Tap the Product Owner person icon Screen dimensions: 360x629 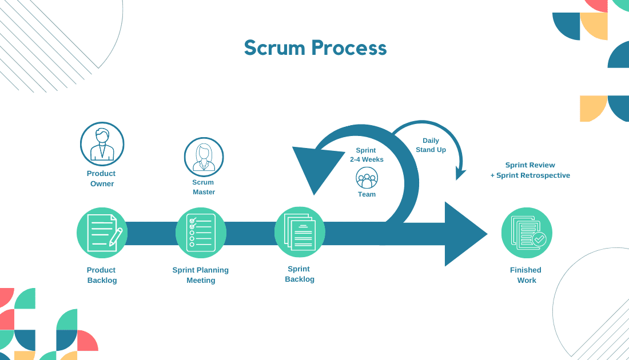point(102,144)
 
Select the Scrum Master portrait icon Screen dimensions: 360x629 point(204,157)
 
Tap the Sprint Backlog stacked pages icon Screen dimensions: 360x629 point(300,232)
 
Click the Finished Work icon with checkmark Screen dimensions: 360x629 point(527,233)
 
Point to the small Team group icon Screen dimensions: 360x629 point(367,178)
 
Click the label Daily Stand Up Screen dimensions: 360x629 point(431,145)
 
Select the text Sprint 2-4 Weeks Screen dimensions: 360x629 point(367,155)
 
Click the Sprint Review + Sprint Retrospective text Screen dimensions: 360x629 point(530,170)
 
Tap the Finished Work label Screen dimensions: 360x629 point(526,275)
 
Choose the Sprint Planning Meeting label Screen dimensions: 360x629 point(201,275)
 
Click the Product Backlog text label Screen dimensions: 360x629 point(102,275)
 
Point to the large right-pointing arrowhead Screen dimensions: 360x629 point(462,234)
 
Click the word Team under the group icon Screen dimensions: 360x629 point(367,194)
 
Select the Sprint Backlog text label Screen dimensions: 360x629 point(300,274)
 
